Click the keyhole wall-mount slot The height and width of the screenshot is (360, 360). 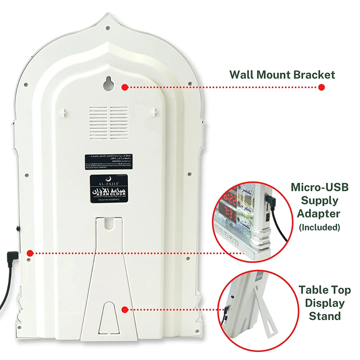tap(108, 84)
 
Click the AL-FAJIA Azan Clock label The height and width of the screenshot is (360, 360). tap(109, 190)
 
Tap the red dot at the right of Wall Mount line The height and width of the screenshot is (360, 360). tap(321, 87)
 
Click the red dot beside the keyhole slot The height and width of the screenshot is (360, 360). tap(125, 87)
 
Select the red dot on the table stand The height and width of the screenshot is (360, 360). tap(125, 310)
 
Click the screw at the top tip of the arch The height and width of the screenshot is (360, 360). tap(108, 27)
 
